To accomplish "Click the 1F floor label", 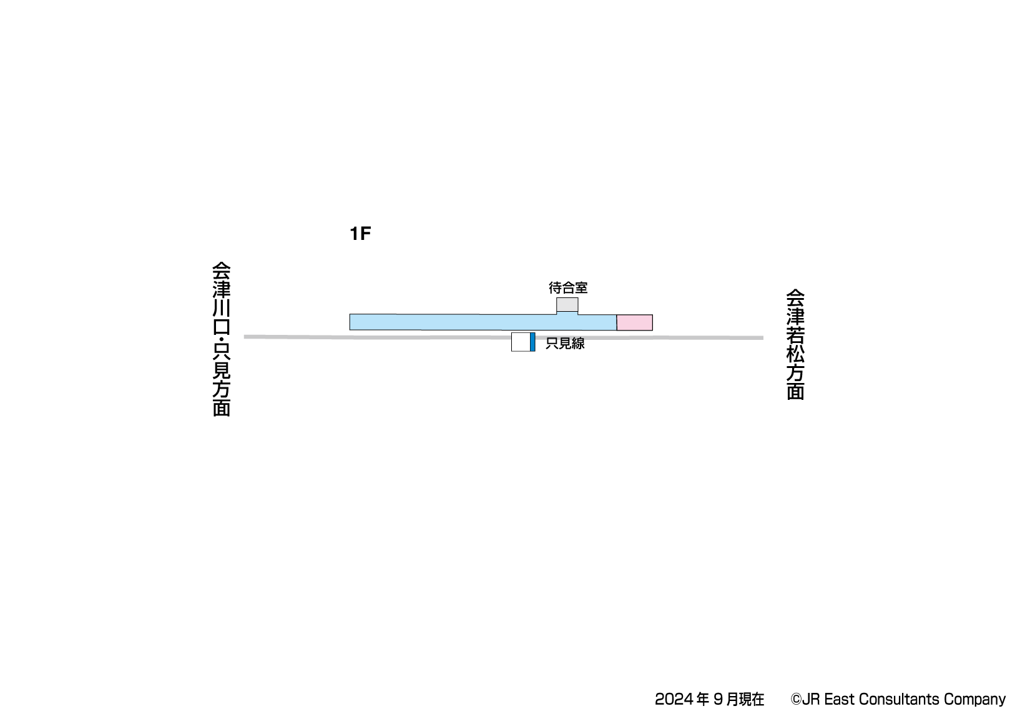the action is click(x=360, y=234).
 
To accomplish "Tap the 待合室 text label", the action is click(x=568, y=287).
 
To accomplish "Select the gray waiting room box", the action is click(x=567, y=305).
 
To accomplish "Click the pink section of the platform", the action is click(x=635, y=322).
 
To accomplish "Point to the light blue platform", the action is click(x=483, y=322).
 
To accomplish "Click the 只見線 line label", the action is click(x=565, y=344).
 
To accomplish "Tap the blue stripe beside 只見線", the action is click(x=532, y=342).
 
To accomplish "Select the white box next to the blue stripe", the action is click(x=521, y=342).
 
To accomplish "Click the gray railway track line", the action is click(x=503, y=337).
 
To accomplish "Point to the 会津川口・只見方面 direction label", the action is click(x=222, y=339).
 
